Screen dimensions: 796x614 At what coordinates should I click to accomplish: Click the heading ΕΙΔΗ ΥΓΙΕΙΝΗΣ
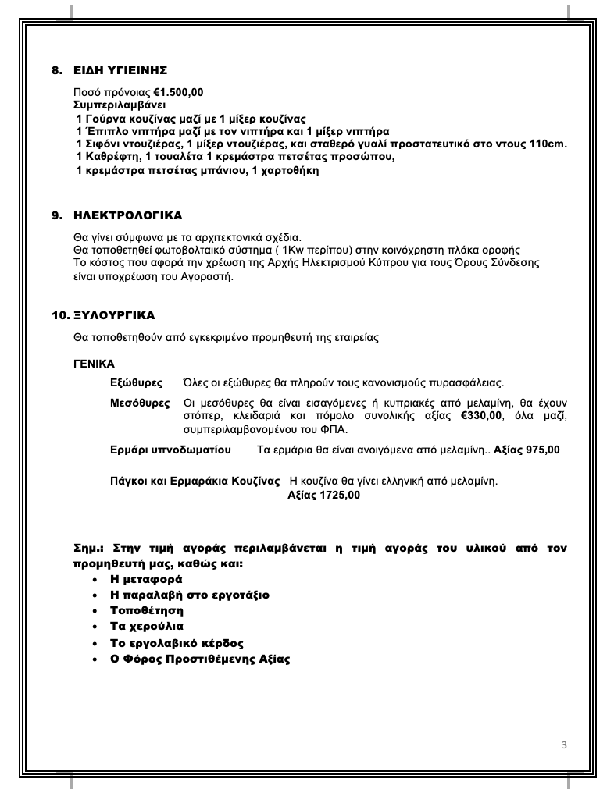pyautogui.click(x=120, y=70)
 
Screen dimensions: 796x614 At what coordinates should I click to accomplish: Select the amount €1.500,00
pyautogui.click(x=179, y=92)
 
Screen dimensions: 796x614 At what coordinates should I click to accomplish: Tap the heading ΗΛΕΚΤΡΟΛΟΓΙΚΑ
pyautogui.click(x=128, y=215)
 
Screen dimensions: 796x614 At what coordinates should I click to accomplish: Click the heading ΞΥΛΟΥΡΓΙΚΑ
pyautogui.click(x=114, y=316)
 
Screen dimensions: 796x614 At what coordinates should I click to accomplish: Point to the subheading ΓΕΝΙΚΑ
pyautogui.click(x=94, y=364)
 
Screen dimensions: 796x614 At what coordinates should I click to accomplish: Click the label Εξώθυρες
pyautogui.click(x=137, y=383)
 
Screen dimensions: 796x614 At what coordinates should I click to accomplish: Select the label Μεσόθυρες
pyautogui.click(x=141, y=403)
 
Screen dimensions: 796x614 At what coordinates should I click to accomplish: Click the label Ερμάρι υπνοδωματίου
pyautogui.click(x=171, y=450)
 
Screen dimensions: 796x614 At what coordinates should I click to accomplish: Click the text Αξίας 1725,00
pyautogui.click(x=324, y=495)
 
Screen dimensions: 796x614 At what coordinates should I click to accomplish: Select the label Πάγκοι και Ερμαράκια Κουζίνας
pyautogui.click(x=195, y=481)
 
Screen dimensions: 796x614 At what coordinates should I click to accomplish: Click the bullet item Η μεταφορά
pyautogui.click(x=146, y=580)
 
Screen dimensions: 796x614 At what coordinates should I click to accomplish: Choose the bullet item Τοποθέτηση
pyautogui.click(x=147, y=611)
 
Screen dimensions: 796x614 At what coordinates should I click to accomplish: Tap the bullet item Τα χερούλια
pyautogui.click(x=147, y=627)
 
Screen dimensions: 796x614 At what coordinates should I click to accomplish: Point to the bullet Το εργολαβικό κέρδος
pyautogui.click(x=177, y=643)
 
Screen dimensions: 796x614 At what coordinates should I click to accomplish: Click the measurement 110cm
pyautogui.click(x=548, y=144)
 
